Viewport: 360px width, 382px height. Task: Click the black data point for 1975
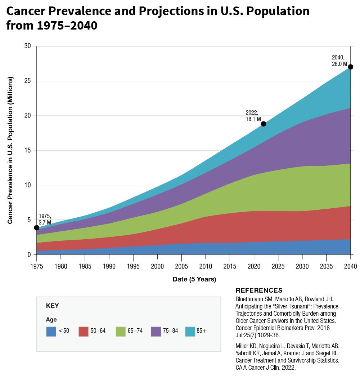pyautogui.click(x=36, y=227)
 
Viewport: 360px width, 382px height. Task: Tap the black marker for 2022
pyautogui.click(x=264, y=124)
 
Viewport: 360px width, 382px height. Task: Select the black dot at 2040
pyautogui.click(x=351, y=67)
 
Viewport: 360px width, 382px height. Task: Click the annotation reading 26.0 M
pyautogui.click(x=339, y=64)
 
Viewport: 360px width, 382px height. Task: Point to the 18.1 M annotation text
pyautogui.click(x=253, y=119)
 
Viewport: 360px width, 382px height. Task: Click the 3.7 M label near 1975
pyautogui.click(x=45, y=223)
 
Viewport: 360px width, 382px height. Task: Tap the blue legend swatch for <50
pyautogui.click(x=51, y=331)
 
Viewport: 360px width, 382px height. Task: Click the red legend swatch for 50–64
pyautogui.click(x=84, y=331)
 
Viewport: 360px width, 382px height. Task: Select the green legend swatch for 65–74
pyautogui.click(x=121, y=331)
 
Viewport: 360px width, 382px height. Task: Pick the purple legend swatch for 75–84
pyautogui.click(x=156, y=331)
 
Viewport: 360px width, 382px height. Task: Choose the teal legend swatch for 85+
pyautogui.click(x=190, y=331)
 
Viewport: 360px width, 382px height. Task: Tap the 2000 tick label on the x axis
pyautogui.click(x=157, y=267)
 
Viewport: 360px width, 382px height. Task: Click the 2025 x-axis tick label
pyautogui.click(x=278, y=267)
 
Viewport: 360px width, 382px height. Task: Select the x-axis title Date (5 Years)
pyautogui.click(x=194, y=279)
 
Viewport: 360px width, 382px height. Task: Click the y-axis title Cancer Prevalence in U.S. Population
pyautogui.click(x=10, y=150)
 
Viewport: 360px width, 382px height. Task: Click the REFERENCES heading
pyautogui.click(x=259, y=290)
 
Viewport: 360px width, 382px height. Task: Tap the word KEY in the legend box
pyautogui.click(x=52, y=306)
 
